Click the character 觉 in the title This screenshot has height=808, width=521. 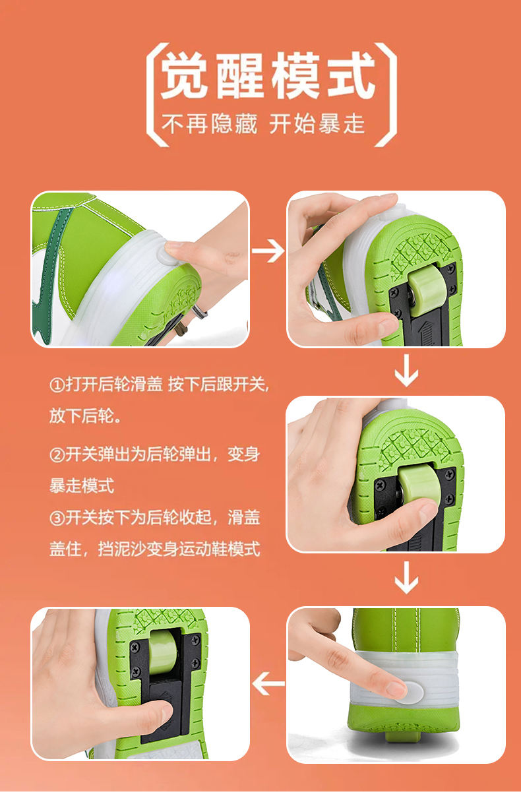click(184, 76)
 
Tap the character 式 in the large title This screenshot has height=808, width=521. click(352, 76)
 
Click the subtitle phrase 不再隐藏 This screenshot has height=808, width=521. click(210, 125)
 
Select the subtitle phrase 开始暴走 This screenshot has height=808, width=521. click(317, 125)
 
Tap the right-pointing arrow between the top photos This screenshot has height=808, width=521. click(268, 251)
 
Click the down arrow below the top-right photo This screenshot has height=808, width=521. click(406, 371)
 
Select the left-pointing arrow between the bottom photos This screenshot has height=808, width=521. click(268, 683)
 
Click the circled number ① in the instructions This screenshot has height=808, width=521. click(57, 385)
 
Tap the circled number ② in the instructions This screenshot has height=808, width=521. click(57, 455)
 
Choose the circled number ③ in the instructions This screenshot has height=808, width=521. click(57, 518)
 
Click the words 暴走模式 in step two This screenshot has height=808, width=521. click(82, 486)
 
